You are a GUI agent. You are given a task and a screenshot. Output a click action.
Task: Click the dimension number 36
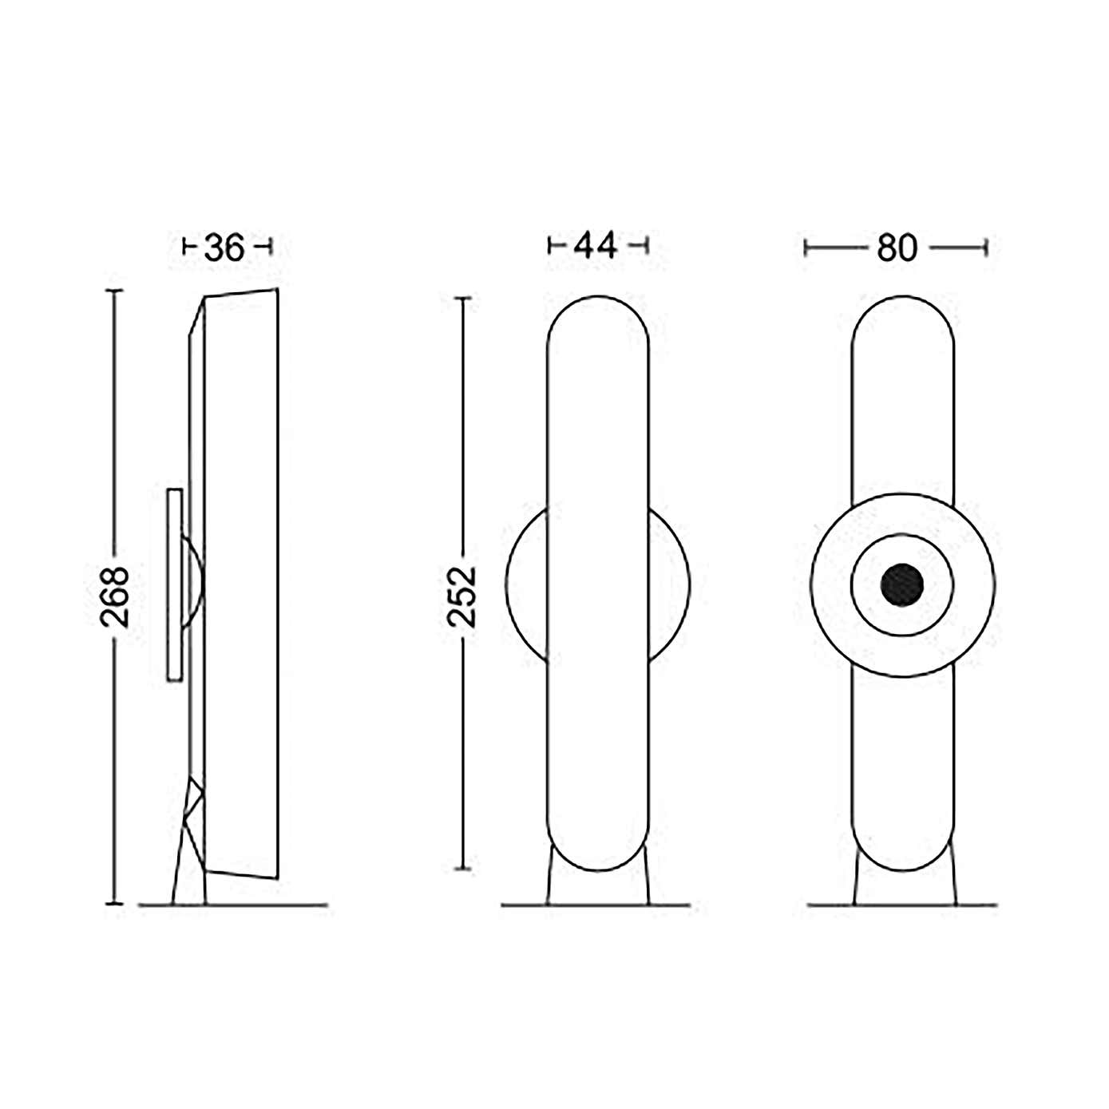click(224, 248)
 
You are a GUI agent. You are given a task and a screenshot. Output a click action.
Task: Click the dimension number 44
click(595, 247)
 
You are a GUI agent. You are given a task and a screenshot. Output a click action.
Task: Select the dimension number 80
click(897, 248)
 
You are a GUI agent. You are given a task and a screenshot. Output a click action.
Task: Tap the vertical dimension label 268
click(114, 596)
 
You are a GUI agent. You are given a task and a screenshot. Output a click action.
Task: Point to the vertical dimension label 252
click(462, 596)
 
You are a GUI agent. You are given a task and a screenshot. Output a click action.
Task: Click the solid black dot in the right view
click(902, 584)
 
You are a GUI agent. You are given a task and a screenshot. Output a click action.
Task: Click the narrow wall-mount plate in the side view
click(175, 585)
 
